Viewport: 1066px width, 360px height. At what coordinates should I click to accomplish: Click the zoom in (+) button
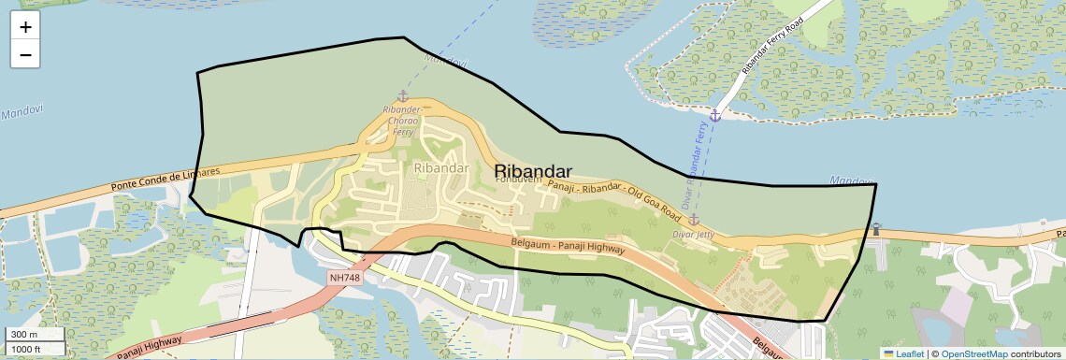point(25,28)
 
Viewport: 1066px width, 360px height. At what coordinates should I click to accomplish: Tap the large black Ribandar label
point(532,171)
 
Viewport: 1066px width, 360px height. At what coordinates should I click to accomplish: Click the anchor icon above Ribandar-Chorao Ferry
point(403,96)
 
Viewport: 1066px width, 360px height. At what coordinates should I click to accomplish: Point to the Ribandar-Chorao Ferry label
point(403,121)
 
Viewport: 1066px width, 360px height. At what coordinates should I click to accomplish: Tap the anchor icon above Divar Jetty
point(694,220)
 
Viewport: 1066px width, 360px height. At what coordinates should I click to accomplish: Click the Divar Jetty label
point(693,235)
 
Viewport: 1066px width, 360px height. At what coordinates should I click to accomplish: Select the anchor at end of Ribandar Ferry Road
point(714,115)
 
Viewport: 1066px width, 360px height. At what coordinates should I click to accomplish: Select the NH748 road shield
point(344,279)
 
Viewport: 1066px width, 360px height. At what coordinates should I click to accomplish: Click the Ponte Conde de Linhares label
point(165,178)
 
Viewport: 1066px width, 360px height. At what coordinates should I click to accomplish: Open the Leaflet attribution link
point(903,353)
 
